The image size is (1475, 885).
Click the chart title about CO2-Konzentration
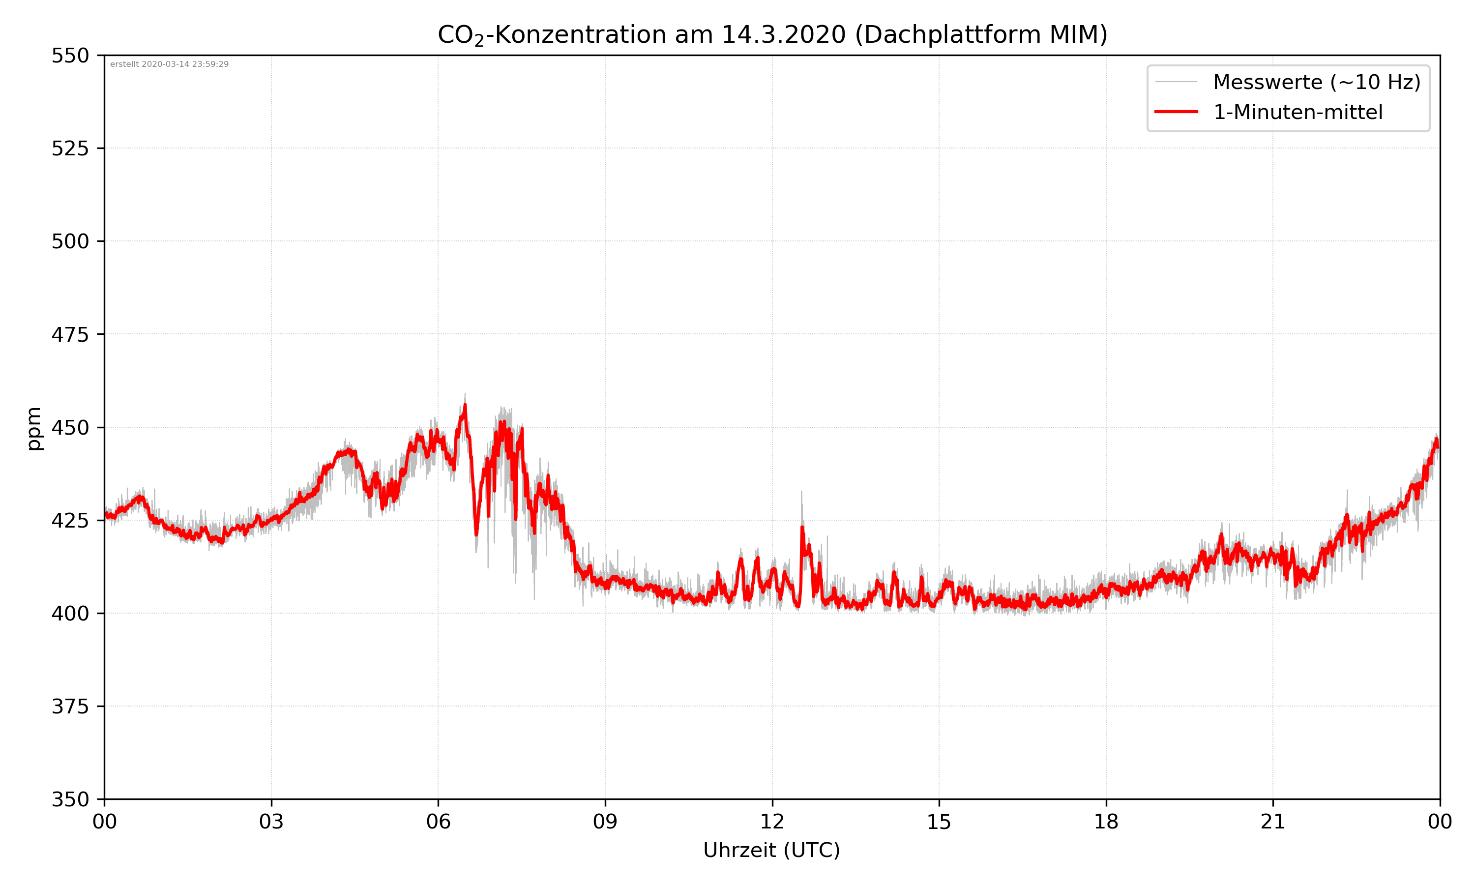(x=772, y=34)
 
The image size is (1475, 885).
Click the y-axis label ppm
(x=34, y=428)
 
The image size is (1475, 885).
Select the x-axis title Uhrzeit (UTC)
(x=771, y=850)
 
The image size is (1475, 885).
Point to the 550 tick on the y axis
(x=70, y=56)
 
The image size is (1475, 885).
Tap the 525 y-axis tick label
(x=70, y=148)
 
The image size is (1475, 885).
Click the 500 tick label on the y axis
(x=70, y=241)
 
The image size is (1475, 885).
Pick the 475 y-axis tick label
(x=70, y=334)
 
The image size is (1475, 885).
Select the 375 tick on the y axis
(x=70, y=707)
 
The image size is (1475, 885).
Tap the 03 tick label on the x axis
(x=271, y=822)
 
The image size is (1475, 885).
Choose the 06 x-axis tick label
(x=438, y=822)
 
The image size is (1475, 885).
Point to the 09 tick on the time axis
(x=605, y=822)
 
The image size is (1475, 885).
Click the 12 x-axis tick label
(x=772, y=822)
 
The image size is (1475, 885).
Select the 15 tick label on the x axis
(x=939, y=822)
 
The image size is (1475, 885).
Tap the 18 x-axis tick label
(x=1106, y=822)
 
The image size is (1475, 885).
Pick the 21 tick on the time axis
(x=1273, y=822)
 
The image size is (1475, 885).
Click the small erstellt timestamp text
(x=169, y=64)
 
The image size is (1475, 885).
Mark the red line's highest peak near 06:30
(x=465, y=406)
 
